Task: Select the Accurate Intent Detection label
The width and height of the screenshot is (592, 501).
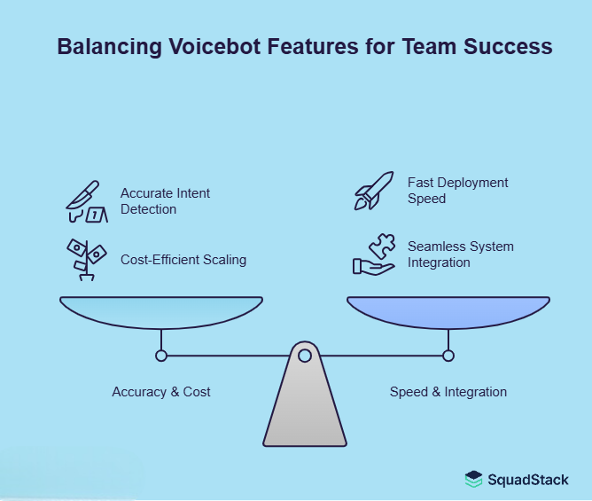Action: click(165, 201)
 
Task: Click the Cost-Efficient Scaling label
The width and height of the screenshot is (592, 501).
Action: click(183, 260)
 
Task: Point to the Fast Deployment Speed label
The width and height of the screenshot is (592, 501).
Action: click(457, 190)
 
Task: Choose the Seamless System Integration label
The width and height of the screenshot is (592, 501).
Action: click(460, 254)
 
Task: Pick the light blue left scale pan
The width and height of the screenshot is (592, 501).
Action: click(161, 311)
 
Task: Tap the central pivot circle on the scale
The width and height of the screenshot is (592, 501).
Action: click(304, 356)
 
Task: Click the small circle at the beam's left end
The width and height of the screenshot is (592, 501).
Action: click(161, 356)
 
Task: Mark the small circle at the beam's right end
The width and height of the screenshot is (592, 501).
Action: click(448, 356)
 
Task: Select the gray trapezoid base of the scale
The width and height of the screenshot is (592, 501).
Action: click(304, 408)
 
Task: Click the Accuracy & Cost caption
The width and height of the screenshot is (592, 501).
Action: click(161, 391)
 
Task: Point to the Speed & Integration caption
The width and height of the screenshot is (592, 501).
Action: click(448, 391)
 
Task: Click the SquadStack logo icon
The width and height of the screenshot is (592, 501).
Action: click(474, 480)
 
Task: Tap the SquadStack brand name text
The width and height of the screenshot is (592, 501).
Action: click(528, 480)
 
